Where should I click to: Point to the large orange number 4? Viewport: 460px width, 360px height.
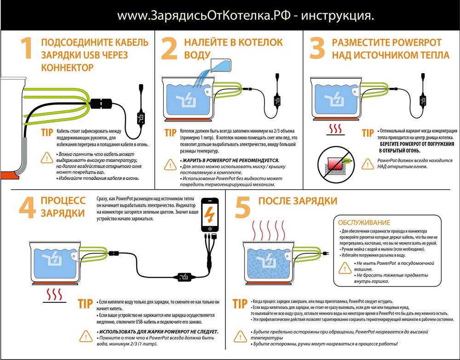coord(28,209)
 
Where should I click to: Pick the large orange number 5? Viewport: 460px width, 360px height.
coord(243,209)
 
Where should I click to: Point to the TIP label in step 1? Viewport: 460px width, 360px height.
coord(47,133)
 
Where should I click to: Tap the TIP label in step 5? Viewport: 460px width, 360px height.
coord(240,304)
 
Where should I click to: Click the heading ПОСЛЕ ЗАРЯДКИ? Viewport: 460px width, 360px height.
coord(298,201)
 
